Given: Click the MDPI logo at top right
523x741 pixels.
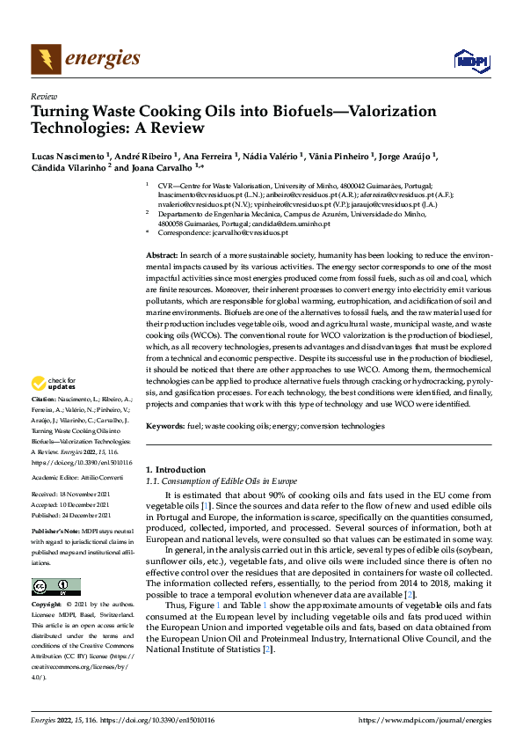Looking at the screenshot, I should click(x=470, y=60).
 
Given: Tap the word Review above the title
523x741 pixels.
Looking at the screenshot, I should click(x=43, y=97).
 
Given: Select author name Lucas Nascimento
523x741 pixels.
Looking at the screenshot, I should click(x=67, y=156).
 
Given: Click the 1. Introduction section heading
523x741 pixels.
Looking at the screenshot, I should click(x=176, y=470).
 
